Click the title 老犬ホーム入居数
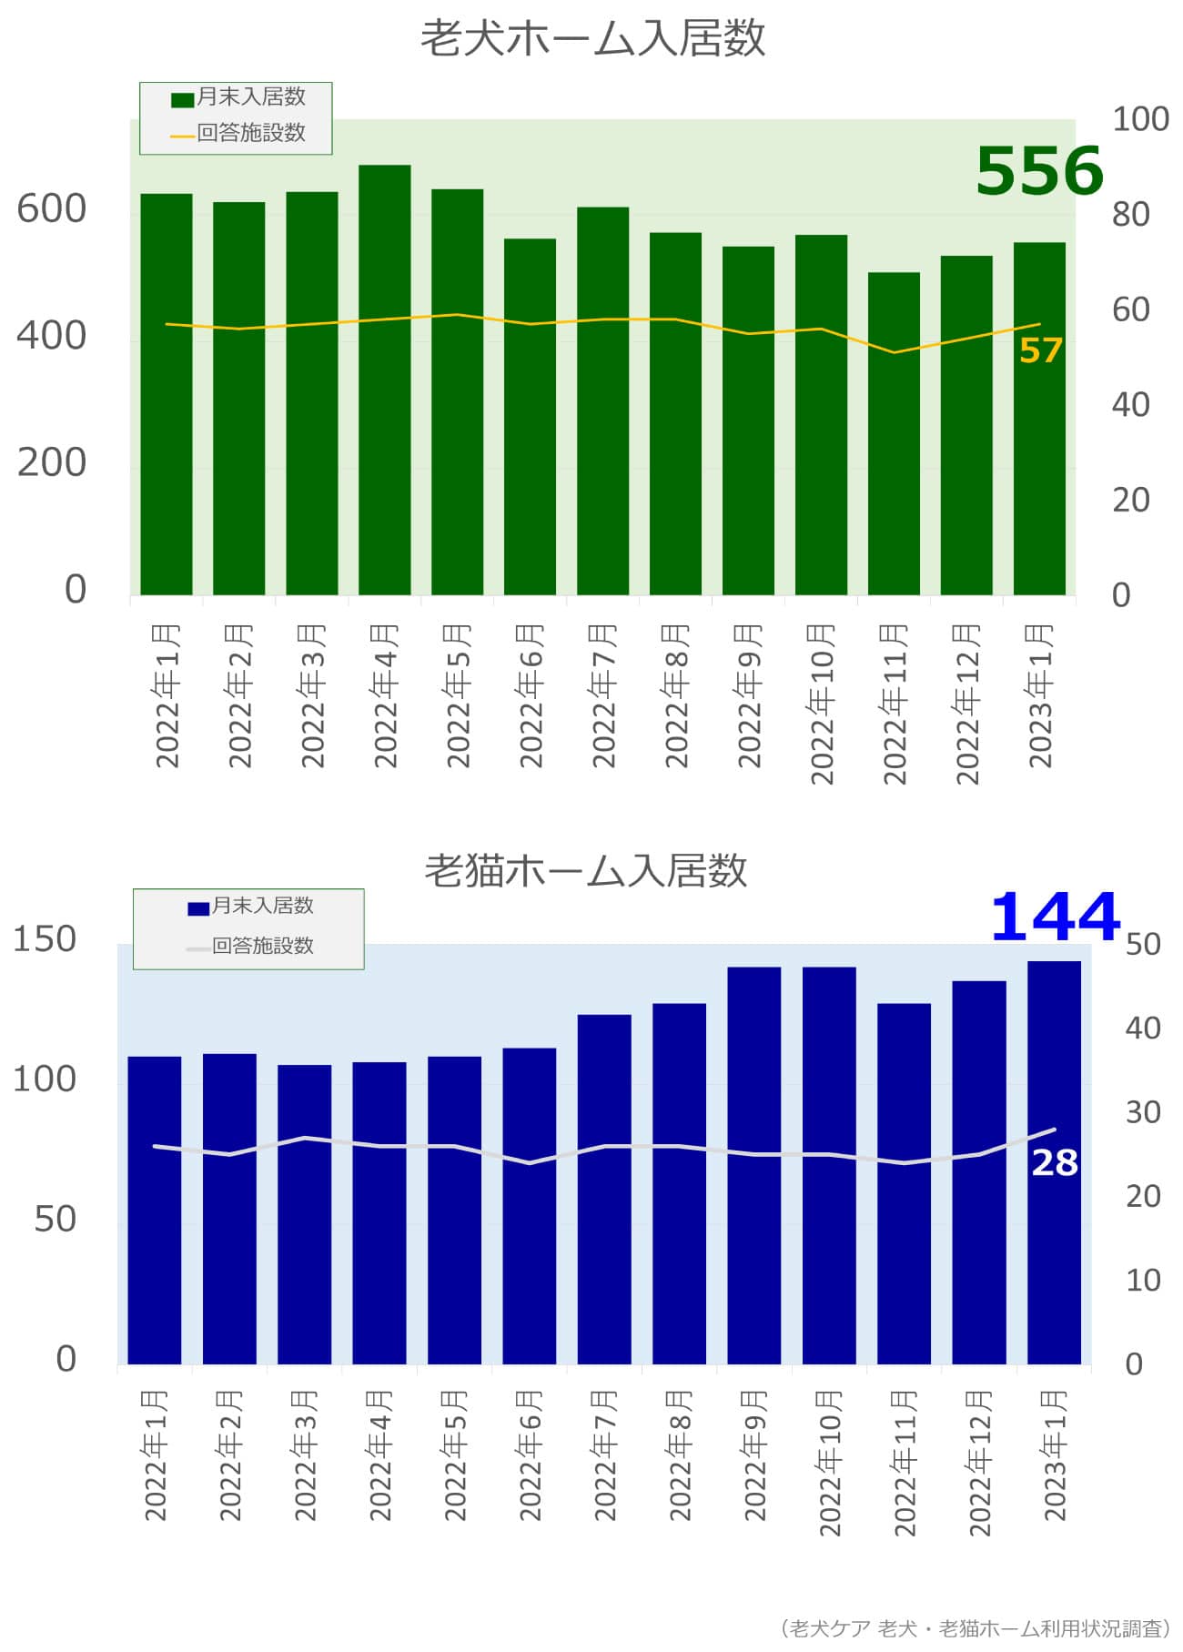point(592,39)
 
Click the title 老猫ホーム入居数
point(585,871)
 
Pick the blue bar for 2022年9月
point(753,1165)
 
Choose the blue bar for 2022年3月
point(304,1214)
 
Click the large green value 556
point(1038,171)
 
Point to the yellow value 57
point(1040,350)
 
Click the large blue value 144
point(1054,917)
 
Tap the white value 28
point(1054,1162)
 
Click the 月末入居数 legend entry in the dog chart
point(240,97)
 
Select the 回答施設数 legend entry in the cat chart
point(251,947)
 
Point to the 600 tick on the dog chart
point(52,209)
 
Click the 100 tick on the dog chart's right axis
point(1140,119)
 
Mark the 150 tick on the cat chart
point(45,939)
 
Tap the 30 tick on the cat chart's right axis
point(1143,1112)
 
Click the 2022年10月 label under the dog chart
point(822,704)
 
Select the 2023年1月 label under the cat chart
point(1055,1455)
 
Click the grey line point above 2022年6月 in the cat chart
point(530,1162)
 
